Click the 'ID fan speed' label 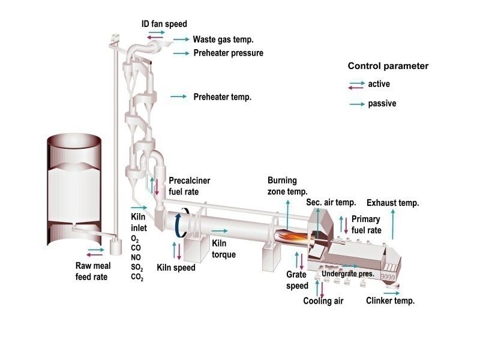pyautogui.click(x=164, y=24)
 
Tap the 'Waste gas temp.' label pyautogui.click(x=223, y=40)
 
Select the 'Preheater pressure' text pyautogui.click(x=228, y=53)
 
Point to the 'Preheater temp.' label pyautogui.click(x=222, y=96)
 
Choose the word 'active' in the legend pyautogui.click(x=379, y=84)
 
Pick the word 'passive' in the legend pyautogui.click(x=382, y=104)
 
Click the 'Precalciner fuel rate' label pyautogui.click(x=190, y=186)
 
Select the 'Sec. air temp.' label pyautogui.click(x=331, y=203)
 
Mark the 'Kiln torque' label pyautogui.click(x=224, y=249)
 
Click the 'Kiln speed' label pyautogui.click(x=176, y=268)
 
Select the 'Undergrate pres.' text pyautogui.click(x=348, y=274)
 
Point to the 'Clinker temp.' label pyautogui.click(x=390, y=301)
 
